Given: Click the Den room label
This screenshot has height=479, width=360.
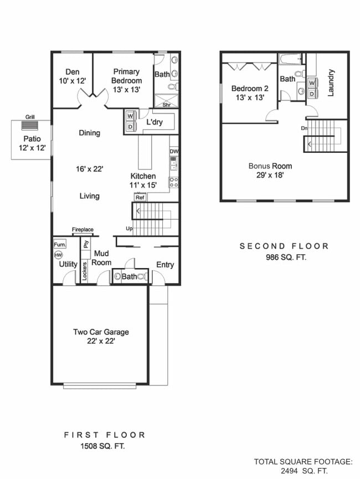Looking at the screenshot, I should tap(73, 76).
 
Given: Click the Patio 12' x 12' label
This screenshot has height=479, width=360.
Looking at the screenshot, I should tap(31, 143).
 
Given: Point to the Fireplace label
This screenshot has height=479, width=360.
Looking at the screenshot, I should tap(83, 229).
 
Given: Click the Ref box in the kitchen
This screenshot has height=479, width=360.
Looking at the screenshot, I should tap(140, 197).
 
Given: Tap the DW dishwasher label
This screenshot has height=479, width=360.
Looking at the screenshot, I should tap(174, 151).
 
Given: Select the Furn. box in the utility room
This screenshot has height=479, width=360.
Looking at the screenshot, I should tap(60, 244).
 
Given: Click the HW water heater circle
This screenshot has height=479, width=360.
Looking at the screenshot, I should tap(59, 255).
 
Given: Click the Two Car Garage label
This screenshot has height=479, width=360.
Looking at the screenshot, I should tap(101, 336).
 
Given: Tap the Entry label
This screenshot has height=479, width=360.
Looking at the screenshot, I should tap(164, 265).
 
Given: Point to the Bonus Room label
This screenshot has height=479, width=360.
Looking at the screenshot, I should tap(270, 171).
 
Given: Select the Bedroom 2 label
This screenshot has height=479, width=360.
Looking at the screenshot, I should tap(249, 92).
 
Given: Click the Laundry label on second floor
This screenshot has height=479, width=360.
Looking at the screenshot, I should tap(331, 83).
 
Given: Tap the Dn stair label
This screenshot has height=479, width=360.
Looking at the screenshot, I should tap(304, 128).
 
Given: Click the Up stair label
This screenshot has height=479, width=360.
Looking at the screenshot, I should tap(129, 228).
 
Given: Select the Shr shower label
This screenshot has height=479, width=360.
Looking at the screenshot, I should tap(166, 104).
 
